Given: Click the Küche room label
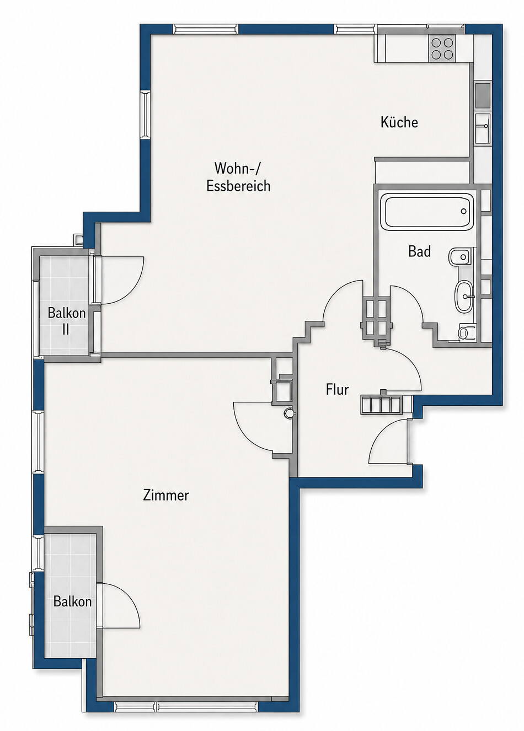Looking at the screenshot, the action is (399, 122).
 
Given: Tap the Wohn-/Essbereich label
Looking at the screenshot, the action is (239, 177).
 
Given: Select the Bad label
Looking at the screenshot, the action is (420, 251).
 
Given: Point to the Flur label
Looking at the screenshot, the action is (337, 389).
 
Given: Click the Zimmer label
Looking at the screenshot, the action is (166, 496).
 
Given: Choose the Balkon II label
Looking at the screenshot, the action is (66, 321).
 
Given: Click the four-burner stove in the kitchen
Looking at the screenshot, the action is (442, 49).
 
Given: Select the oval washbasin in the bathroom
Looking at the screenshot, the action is (463, 297).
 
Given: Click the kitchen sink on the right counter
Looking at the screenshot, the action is (483, 128).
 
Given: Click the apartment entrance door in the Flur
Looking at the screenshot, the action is (388, 441).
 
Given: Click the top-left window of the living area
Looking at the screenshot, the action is (206, 29).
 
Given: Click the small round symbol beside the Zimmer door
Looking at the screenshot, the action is (289, 413).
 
